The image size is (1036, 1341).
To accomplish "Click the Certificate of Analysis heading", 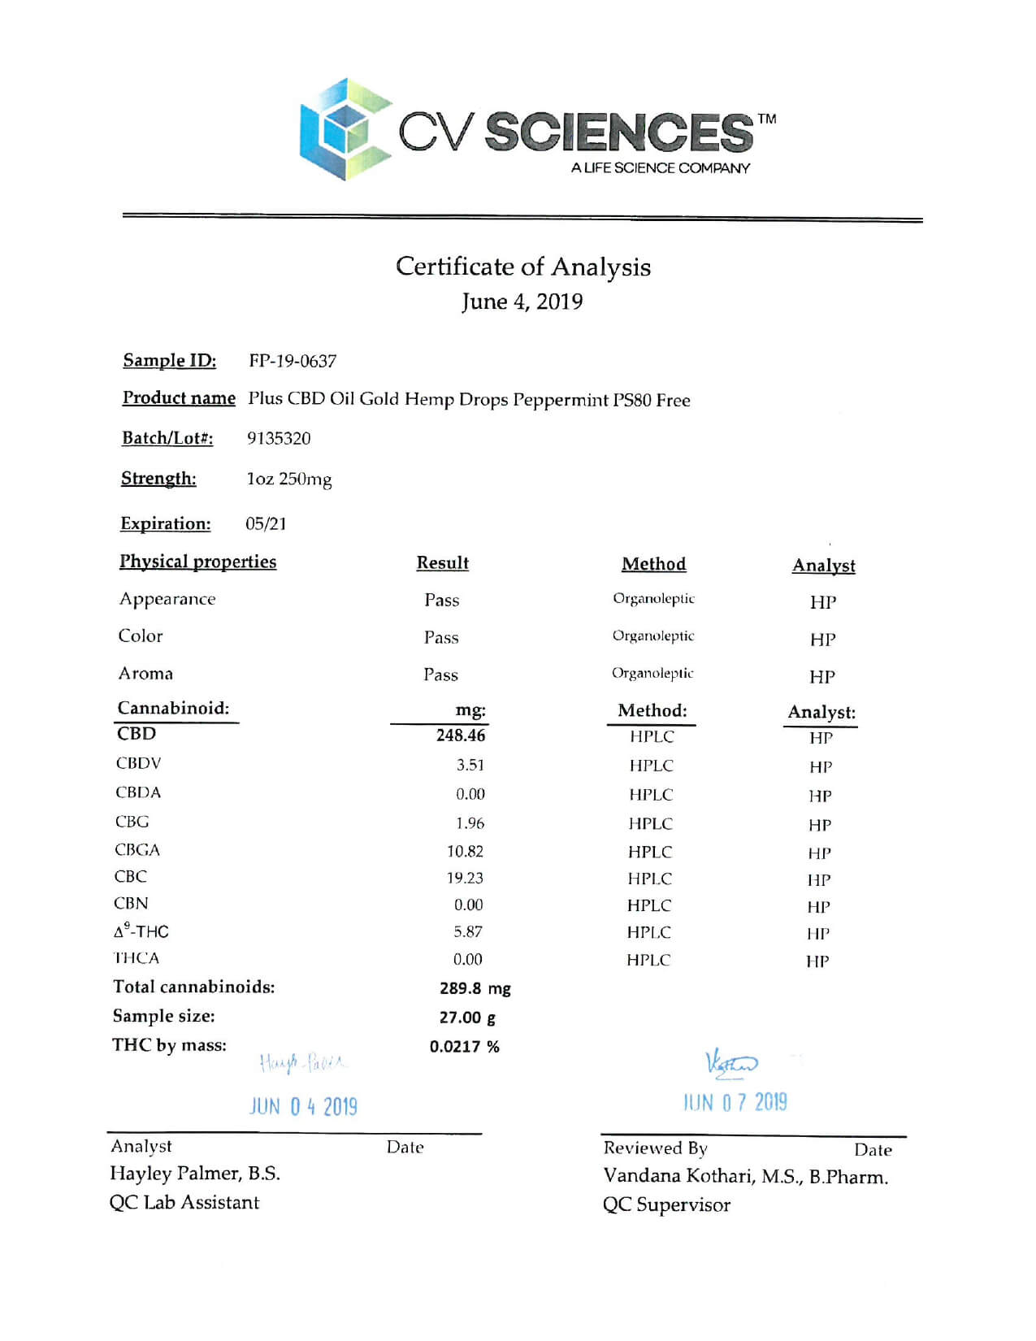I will pos(522,267).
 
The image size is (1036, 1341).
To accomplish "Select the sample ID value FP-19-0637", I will pos(293,361).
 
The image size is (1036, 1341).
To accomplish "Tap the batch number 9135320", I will pos(279,438).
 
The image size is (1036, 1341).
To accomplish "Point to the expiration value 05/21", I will pos(266,523).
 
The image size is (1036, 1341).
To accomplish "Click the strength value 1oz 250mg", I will pos(289,480).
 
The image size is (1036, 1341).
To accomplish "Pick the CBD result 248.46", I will pos(461,736).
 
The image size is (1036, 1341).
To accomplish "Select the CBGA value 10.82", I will pos(465,851).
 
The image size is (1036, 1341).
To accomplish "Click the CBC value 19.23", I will pos(465,878).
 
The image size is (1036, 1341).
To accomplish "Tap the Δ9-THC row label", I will pos(141,931).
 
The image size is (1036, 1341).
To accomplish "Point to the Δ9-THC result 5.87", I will pos(468,932).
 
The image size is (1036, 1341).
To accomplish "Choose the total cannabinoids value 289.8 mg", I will pos(475,988).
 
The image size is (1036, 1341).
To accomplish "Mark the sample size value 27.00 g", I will pos(467,1018).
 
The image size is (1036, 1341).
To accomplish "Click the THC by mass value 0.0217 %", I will pos(465,1047).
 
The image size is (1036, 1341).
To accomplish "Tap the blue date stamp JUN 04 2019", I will pos(303,1106).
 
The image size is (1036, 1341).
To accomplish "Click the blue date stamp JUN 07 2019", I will pos(735,1102).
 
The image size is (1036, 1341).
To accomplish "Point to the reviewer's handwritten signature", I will pos(730,1064).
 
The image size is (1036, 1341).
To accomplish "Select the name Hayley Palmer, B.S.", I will pos(195,1174).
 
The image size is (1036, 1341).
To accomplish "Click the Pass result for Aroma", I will pos(440,675).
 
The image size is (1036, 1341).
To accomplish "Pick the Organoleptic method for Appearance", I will pos(653,599).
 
